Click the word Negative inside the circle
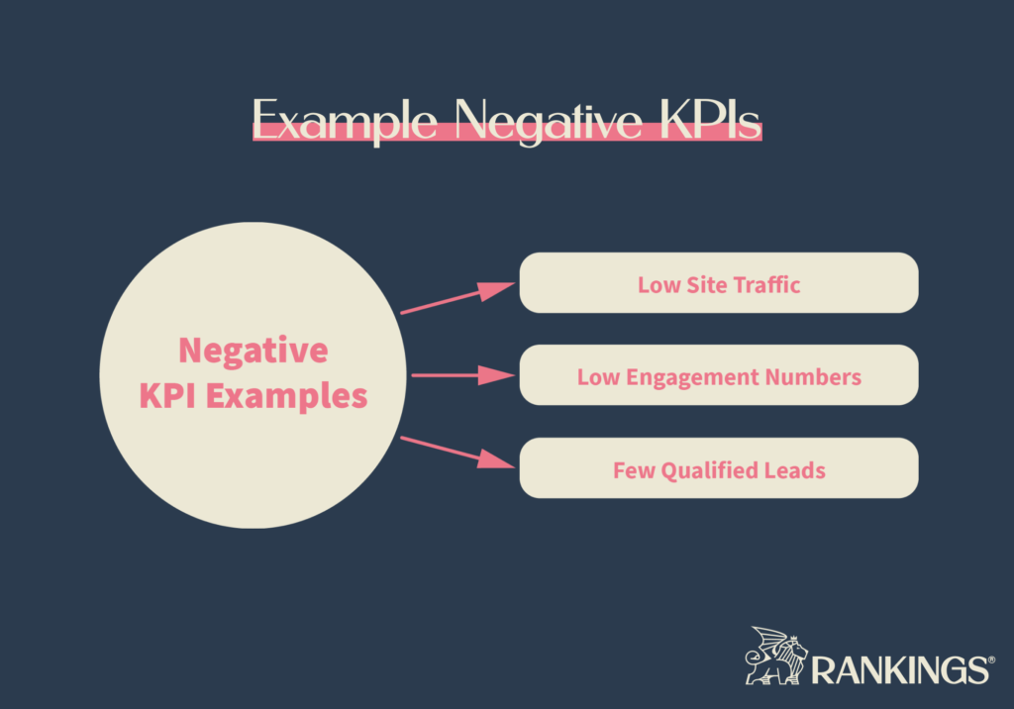coord(253,351)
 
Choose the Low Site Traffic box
coord(719,284)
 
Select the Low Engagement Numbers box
coord(719,376)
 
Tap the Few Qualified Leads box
coord(719,468)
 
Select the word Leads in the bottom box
coord(794,469)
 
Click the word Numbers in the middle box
coord(818,377)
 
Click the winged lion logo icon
coord(776,657)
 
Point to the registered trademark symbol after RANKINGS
coord(990,658)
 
